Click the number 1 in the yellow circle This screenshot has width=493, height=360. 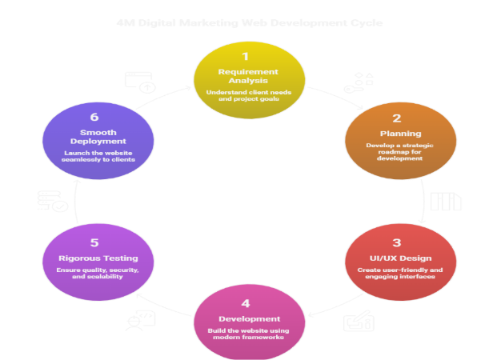click(246, 56)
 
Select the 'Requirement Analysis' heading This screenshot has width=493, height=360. click(246, 77)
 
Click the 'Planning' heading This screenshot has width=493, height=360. click(396, 134)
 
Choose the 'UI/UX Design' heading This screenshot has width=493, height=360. click(396, 258)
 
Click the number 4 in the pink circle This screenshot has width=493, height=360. click(246, 303)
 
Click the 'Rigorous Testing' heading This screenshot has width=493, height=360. click(94, 258)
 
